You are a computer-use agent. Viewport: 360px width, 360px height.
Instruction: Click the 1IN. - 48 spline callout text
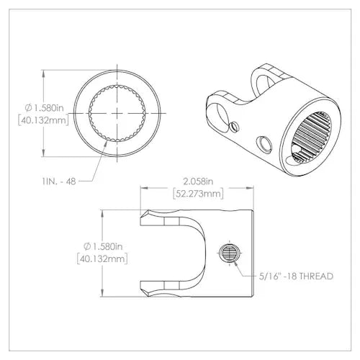tap(59, 181)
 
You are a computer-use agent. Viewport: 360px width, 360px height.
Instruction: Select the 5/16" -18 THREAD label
tap(296, 276)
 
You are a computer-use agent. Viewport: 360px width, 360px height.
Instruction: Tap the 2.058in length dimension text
tap(198, 181)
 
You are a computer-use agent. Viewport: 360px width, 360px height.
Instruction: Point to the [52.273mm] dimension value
tap(198, 194)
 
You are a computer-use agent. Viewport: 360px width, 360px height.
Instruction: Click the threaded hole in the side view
tap(230, 253)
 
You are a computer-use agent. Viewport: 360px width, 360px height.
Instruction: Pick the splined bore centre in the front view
tap(117, 113)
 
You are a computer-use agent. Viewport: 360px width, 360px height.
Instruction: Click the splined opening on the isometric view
tap(312, 138)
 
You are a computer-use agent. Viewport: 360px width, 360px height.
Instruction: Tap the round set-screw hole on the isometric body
tap(264, 144)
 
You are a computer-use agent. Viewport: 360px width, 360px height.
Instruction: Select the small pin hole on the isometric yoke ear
tap(233, 127)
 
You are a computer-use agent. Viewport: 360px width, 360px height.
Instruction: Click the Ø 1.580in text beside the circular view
tap(45, 108)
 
